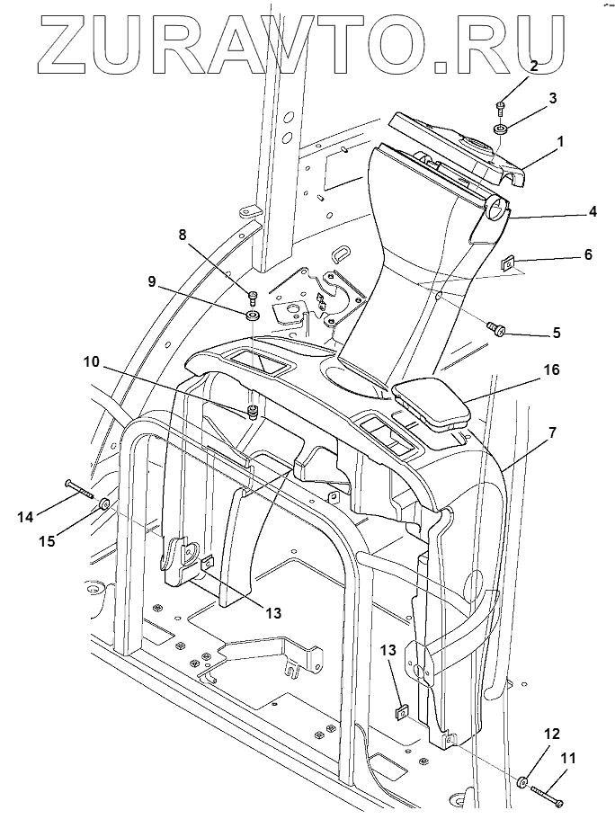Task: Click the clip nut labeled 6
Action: click(x=509, y=264)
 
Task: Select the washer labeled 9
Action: click(x=252, y=315)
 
